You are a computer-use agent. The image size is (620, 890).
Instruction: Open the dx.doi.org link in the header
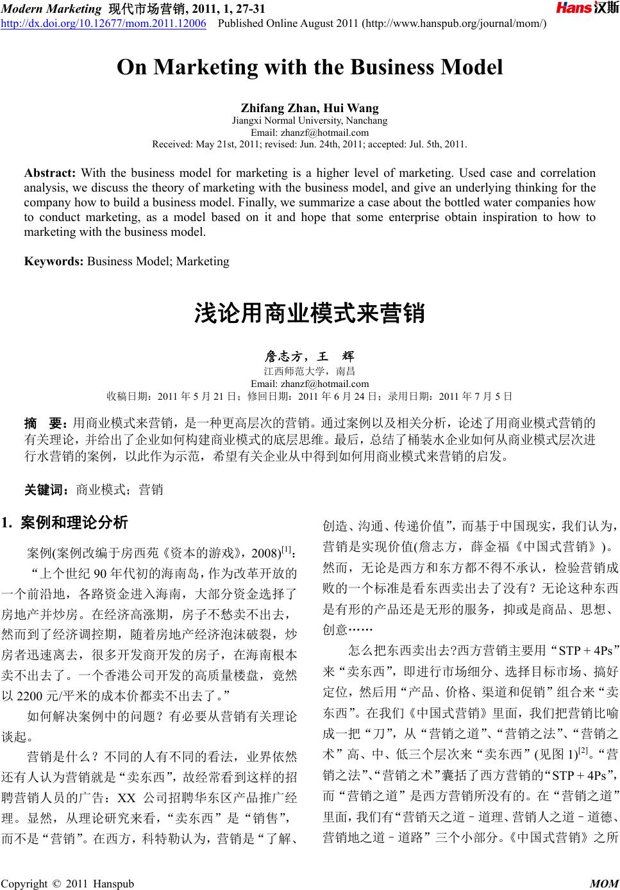[x=103, y=24]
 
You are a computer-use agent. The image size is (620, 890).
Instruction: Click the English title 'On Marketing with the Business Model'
[x=310, y=67]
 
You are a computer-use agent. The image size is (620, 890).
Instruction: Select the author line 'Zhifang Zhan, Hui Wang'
[x=310, y=108]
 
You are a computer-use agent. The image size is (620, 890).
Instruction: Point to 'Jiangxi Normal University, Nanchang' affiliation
[x=310, y=120]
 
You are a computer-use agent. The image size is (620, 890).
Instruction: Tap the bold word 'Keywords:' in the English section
[x=54, y=261]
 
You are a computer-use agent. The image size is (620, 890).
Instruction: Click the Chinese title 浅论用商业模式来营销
[x=310, y=314]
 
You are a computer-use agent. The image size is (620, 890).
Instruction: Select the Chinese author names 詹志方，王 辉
[x=310, y=357]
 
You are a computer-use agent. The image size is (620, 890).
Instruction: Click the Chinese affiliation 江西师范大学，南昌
[x=310, y=371]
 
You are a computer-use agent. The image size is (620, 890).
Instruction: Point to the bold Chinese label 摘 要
[x=46, y=423]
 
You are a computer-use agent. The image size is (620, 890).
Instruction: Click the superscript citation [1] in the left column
[x=287, y=550]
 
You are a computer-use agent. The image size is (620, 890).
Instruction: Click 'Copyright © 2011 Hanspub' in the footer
[x=68, y=884]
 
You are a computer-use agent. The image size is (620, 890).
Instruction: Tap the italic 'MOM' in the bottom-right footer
[x=603, y=884]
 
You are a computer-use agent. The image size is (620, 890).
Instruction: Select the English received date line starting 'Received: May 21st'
[x=310, y=144]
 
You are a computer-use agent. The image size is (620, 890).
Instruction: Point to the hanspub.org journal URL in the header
[x=455, y=24]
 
